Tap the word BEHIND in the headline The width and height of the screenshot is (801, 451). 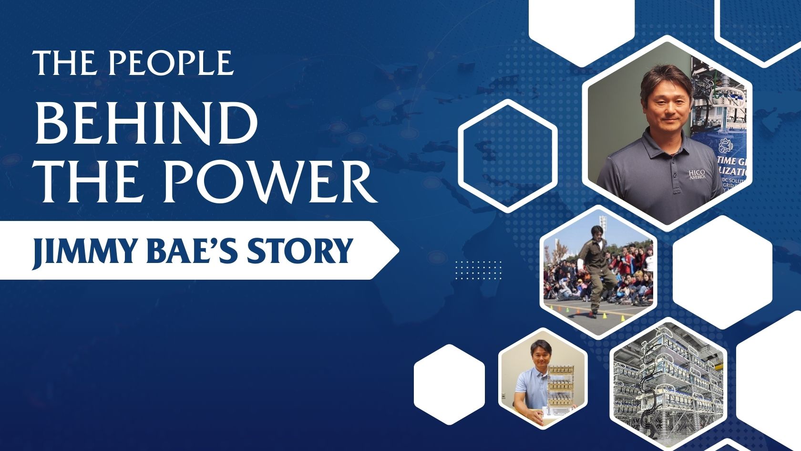[147, 123]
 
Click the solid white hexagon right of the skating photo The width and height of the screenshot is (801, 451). [722, 272]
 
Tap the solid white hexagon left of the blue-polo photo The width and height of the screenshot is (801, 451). [449, 384]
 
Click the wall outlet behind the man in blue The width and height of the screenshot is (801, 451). [503, 396]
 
